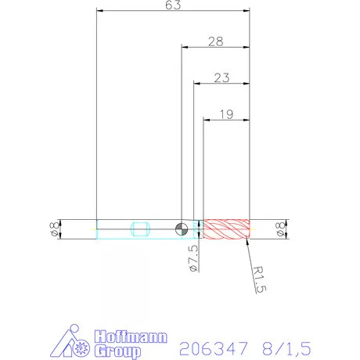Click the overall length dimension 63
pos(173,6)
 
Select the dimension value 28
pos(216,41)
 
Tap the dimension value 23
pos(221,77)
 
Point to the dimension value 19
pos(226,113)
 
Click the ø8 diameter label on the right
pos(279,229)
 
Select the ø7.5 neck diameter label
pos(193,257)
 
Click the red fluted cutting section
pos(226,229)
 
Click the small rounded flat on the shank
pos(141,229)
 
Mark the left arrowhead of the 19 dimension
pos(207,120)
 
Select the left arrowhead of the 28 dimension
pos(185,47)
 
